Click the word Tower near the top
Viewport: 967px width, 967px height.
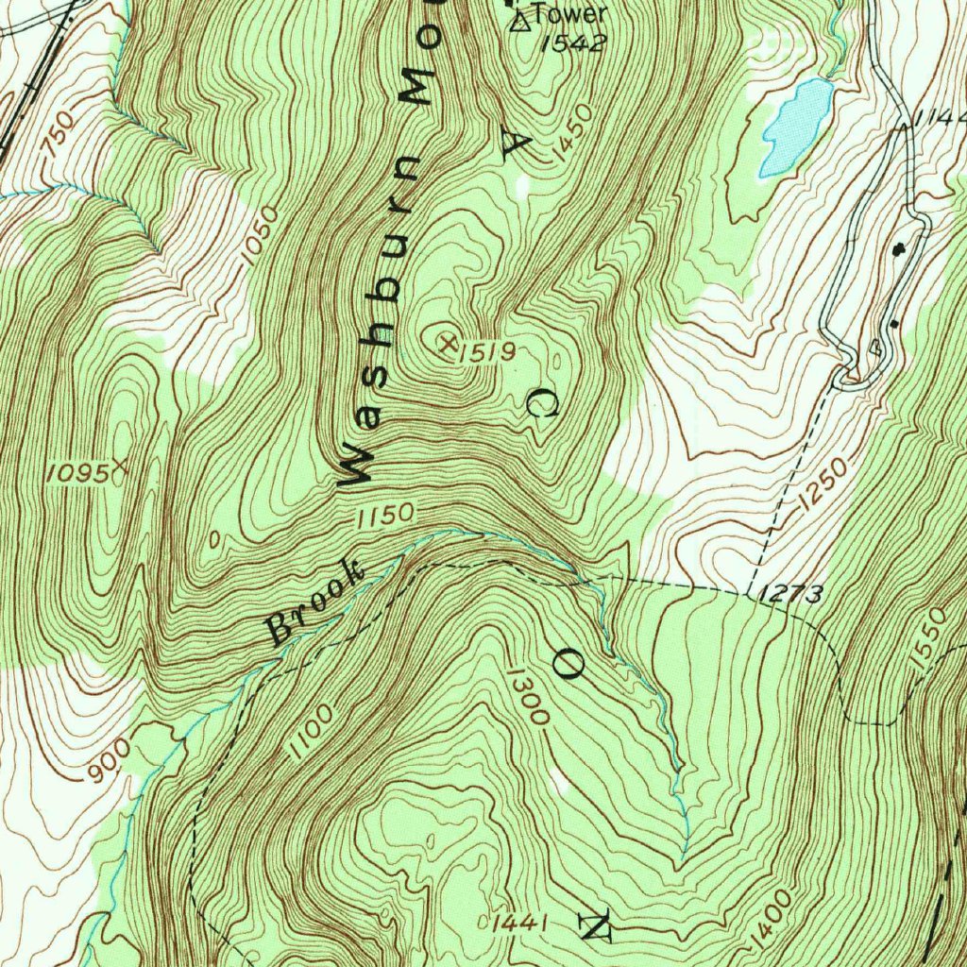click(569, 14)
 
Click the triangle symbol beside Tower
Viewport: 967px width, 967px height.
click(520, 21)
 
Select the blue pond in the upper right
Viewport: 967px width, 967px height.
click(796, 125)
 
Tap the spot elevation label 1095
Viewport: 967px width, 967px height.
click(76, 473)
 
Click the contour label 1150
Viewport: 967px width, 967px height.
click(385, 516)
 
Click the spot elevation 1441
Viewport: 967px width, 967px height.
click(519, 923)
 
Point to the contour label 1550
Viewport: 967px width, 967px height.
click(929, 640)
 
